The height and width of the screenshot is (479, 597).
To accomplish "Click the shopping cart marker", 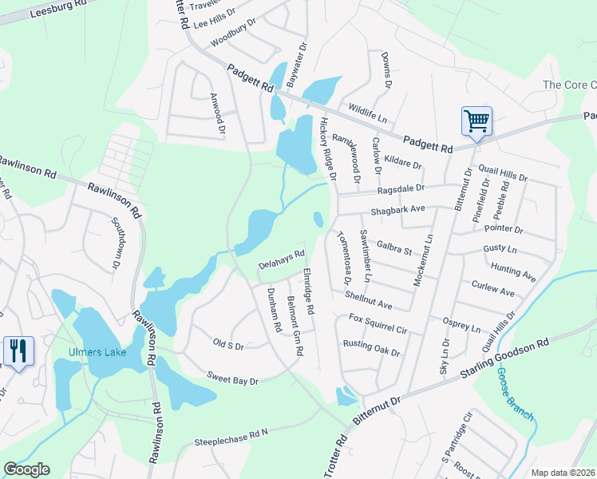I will coord(476,121).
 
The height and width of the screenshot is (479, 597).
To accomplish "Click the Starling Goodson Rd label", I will coord(506,359).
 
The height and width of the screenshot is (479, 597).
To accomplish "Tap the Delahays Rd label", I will coord(283,259).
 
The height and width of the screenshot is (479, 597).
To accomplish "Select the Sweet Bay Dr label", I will coord(233,378).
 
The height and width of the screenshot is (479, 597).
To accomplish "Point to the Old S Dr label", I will coord(228,345).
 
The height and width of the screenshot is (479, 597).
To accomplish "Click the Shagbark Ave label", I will coord(397,212).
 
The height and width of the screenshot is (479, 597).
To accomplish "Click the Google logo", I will coord(26,469).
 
